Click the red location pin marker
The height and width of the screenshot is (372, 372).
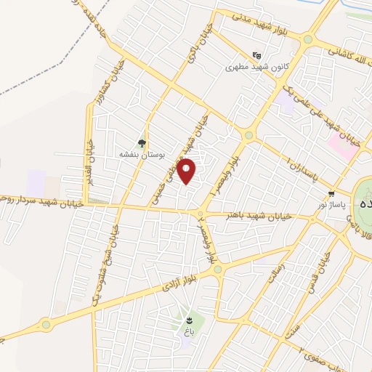187,171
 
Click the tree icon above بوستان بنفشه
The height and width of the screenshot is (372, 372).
142,144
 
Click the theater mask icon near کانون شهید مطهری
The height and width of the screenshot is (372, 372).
256,54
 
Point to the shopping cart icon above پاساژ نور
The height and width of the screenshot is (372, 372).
331,194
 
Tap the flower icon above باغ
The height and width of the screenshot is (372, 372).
189,319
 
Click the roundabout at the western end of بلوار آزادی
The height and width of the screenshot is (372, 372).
46,324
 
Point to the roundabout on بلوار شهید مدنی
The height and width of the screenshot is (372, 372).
308,39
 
